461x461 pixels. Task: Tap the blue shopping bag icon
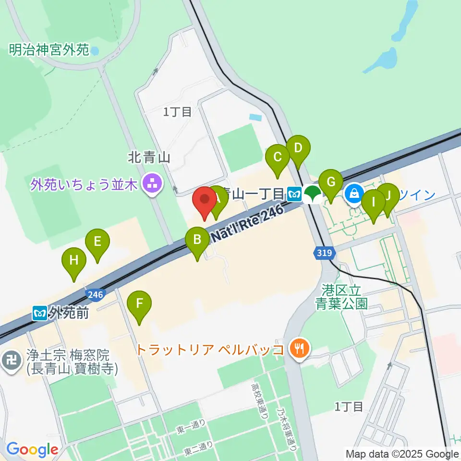(x=354, y=194)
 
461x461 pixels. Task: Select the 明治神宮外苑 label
(x=49, y=49)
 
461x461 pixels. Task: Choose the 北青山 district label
(x=149, y=157)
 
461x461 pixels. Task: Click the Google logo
(x=32, y=449)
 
